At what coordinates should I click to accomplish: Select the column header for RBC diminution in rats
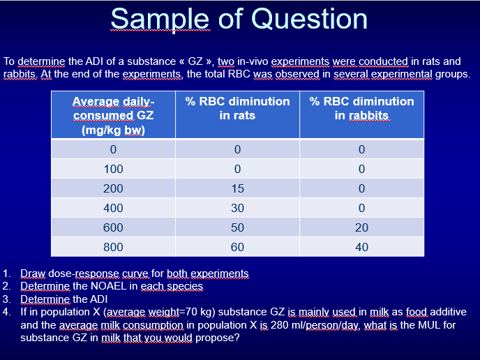237,108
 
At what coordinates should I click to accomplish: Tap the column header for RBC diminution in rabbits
361,108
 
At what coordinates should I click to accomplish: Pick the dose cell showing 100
113,169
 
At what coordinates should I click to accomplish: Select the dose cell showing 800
113,247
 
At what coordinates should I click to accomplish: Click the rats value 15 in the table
237,188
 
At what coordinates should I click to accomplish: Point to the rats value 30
237,208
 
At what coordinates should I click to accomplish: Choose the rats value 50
237,227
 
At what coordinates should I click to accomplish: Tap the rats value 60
237,247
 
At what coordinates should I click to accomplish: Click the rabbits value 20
361,227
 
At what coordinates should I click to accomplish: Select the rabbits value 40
361,247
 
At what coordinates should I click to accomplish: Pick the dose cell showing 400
113,208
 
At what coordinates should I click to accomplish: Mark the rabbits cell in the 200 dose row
361,188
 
